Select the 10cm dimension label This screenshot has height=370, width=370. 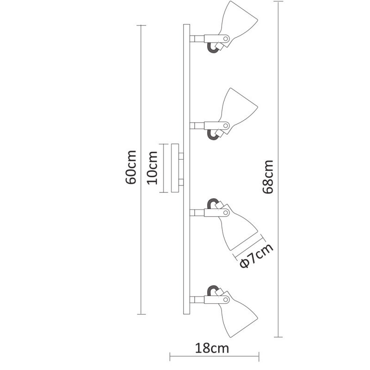tap(153, 167)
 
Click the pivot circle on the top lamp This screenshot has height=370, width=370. tap(225, 38)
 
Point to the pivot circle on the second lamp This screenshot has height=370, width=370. tap(225, 125)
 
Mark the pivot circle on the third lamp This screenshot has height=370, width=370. tap(225, 213)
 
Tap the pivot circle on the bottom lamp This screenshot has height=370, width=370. tap(225, 299)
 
